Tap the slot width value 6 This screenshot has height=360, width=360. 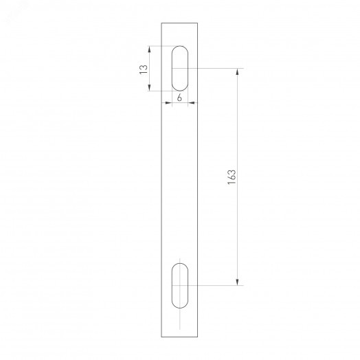180,98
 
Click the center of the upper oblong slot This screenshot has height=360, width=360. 180,68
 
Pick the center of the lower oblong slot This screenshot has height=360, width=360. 180,284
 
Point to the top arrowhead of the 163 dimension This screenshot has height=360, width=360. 238,71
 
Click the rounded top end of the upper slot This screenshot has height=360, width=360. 180,47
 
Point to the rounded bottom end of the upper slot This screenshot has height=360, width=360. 180,89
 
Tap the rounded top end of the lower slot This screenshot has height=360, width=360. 180,264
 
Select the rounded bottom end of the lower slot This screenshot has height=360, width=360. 180,305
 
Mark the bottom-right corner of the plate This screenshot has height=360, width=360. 199,337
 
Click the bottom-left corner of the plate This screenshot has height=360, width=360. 161,337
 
